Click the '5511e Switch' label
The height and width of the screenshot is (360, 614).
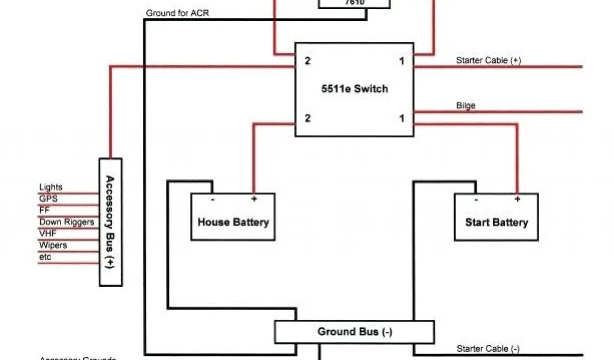click(x=354, y=89)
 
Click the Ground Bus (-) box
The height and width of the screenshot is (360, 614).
click(x=354, y=332)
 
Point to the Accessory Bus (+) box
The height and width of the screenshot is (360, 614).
click(x=110, y=222)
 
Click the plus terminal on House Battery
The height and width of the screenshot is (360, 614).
click(x=254, y=199)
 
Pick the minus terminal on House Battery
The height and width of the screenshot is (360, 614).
click(x=212, y=199)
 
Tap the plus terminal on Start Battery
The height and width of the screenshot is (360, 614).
click(x=517, y=199)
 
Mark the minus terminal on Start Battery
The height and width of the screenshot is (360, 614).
click(x=475, y=199)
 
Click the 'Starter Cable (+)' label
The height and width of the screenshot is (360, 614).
click(x=488, y=61)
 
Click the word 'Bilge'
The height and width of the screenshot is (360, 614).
click(x=465, y=106)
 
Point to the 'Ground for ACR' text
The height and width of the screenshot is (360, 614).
click(x=177, y=13)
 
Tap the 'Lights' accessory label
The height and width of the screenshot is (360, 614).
click(x=50, y=188)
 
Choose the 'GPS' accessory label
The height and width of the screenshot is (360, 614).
click(x=48, y=199)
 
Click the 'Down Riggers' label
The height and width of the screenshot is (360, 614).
click(x=67, y=222)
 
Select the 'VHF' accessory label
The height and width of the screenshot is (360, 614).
click(x=48, y=233)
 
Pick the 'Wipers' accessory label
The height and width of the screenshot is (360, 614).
click(x=53, y=245)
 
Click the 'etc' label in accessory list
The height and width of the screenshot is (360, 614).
click(x=45, y=257)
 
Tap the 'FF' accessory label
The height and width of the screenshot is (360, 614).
click(x=44, y=210)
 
